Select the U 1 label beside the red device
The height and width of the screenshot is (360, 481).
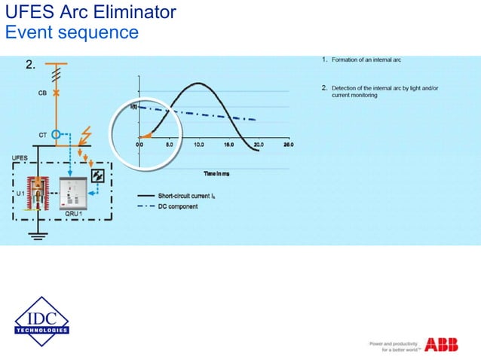click(x=20, y=194)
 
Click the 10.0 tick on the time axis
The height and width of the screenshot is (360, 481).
click(x=199, y=144)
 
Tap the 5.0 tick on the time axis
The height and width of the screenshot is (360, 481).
click(x=170, y=144)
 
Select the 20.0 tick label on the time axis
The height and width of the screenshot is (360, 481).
click(x=259, y=144)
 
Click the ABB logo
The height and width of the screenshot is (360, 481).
click(x=441, y=344)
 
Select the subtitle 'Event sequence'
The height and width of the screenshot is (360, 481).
click(x=72, y=32)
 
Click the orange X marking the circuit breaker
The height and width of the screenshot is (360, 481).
click(x=56, y=92)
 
